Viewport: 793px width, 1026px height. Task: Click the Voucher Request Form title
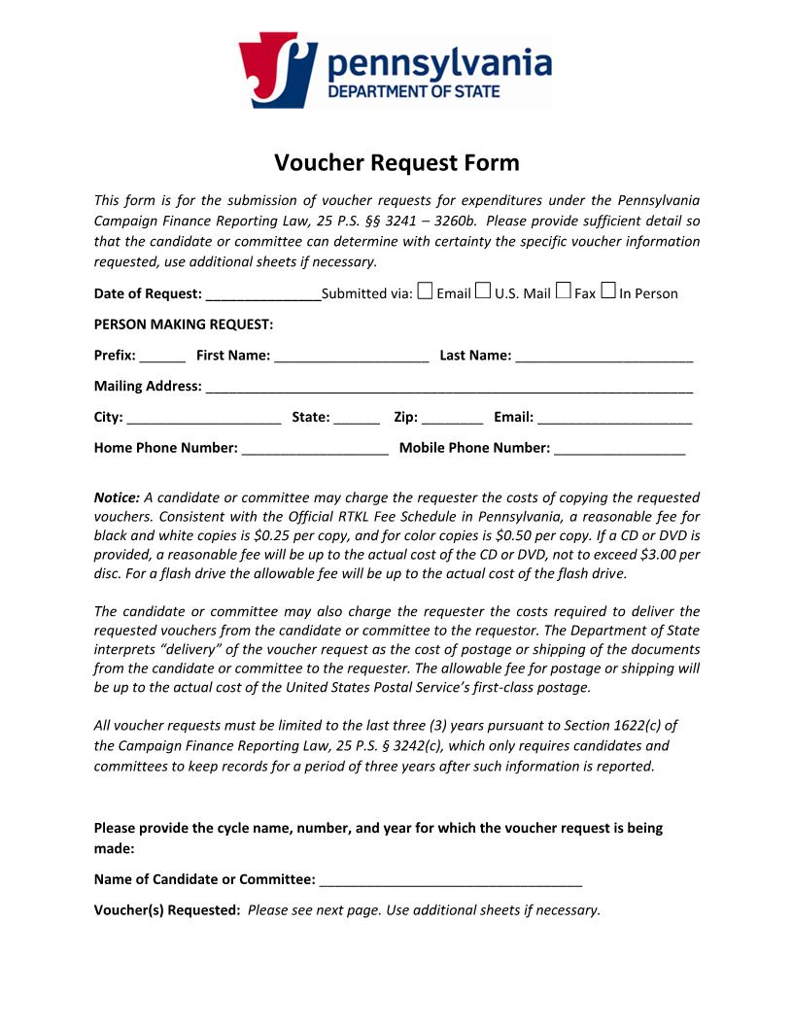[x=396, y=162]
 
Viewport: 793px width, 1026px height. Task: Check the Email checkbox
[x=425, y=291]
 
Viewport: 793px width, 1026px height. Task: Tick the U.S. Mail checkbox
[x=483, y=291]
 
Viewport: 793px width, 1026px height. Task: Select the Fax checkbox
[x=563, y=291]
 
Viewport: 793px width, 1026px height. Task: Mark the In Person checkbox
[x=608, y=291]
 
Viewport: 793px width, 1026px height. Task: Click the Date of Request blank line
[x=263, y=295]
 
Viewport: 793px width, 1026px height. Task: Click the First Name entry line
[x=352, y=357]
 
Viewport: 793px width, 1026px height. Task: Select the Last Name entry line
[x=604, y=357]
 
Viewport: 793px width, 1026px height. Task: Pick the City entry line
[x=203, y=419]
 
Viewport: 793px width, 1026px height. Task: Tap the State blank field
[x=357, y=419]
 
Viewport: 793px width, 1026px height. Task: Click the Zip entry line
[x=453, y=419]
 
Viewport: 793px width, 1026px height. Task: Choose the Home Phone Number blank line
[x=316, y=450]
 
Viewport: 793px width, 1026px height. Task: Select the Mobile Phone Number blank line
[x=620, y=450]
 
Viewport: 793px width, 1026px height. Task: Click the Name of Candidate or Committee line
[x=451, y=881]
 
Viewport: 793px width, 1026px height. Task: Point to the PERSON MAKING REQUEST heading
[x=184, y=324]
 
